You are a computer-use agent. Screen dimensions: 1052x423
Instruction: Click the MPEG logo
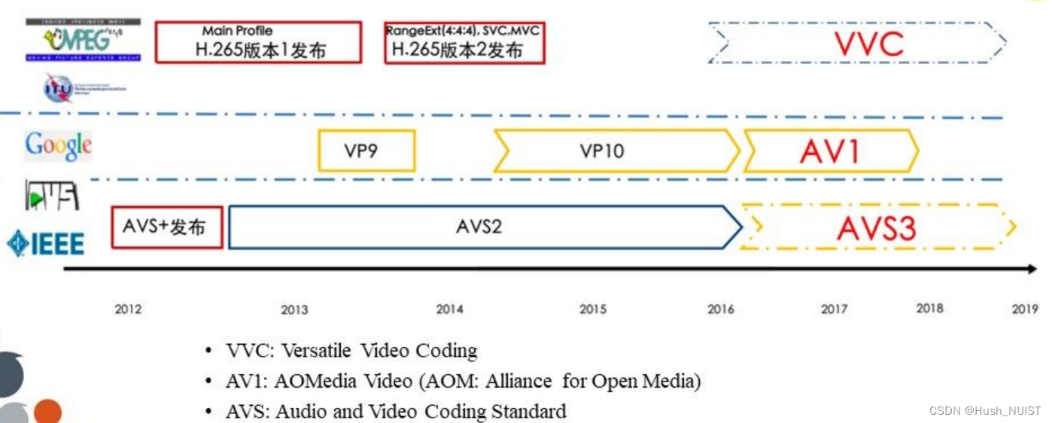83,39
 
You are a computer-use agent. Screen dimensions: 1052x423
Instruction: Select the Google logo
59,145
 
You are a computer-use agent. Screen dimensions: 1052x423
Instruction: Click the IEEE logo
46,243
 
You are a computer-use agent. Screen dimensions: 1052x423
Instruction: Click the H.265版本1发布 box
258,42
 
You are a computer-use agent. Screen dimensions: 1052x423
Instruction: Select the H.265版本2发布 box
464,42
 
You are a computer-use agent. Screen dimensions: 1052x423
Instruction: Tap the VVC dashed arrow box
857,43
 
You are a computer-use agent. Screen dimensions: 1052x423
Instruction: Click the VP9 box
366,151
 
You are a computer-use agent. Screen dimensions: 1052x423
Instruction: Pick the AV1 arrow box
831,151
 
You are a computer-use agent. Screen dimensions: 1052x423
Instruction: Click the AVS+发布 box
167,227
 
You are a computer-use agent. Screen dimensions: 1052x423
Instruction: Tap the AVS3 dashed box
877,227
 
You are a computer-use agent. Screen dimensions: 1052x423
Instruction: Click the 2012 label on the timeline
128,309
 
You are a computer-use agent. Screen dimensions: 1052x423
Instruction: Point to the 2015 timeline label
593,309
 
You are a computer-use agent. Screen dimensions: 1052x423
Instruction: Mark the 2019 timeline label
1025,309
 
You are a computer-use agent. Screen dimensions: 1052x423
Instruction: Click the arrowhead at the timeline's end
1030,268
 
